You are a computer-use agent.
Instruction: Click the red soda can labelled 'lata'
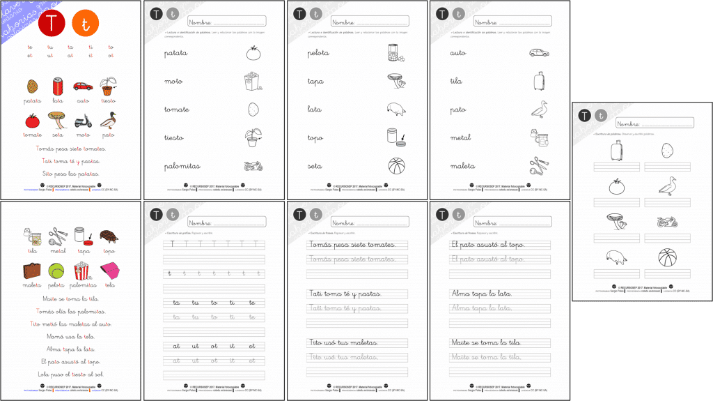pos(58,86)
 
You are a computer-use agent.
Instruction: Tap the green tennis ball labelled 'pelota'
pos(57,269)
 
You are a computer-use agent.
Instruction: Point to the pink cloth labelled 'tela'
pos(109,270)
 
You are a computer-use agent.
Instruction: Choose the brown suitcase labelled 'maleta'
pos(32,270)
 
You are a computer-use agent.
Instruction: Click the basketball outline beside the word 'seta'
pos(395,166)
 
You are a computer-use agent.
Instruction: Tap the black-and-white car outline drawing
pos(539,52)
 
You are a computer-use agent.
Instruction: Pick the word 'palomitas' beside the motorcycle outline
pos(182,166)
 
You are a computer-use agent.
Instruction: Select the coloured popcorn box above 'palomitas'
pos(82,270)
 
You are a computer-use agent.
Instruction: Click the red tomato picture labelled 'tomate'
pos(32,121)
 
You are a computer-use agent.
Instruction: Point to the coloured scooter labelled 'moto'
pos(83,121)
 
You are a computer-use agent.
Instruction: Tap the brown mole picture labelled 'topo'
pos(109,236)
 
